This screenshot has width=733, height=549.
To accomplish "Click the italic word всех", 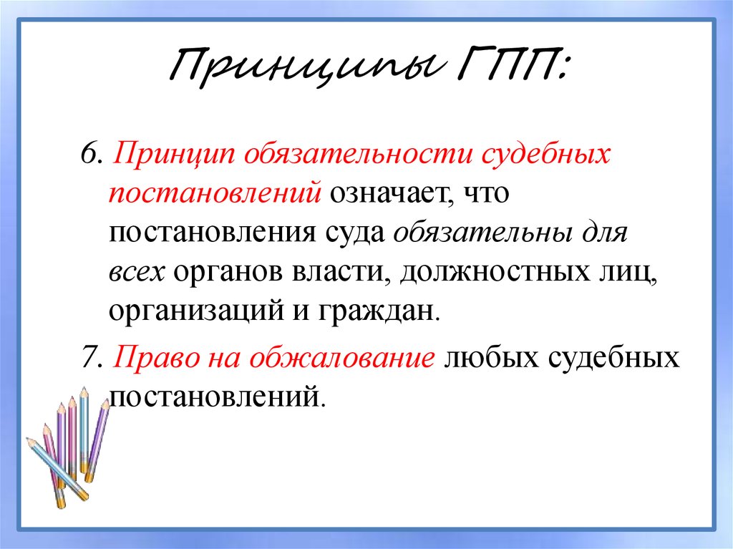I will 137,273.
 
